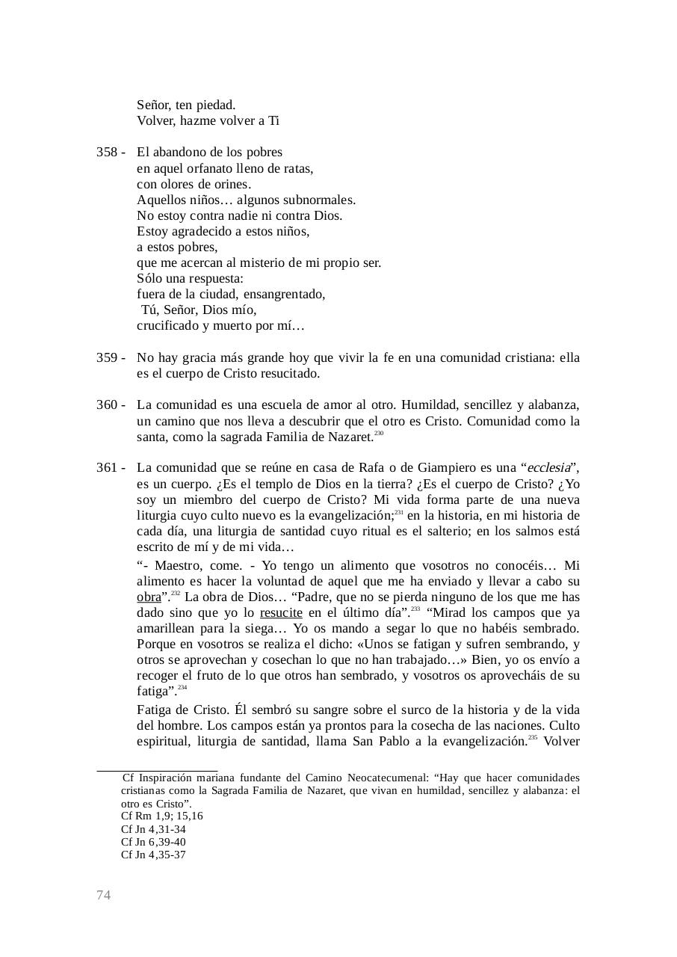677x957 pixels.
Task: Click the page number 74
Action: (x=104, y=895)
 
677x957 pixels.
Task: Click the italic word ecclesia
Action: (x=548, y=468)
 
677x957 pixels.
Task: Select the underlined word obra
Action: (x=149, y=597)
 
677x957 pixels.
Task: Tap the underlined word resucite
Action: (x=281, y=613)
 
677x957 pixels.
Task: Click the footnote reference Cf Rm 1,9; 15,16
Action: (x=161, y=816)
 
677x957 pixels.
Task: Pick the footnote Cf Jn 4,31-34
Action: (x=153, y=829)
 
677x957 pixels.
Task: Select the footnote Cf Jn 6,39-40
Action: (x=153, y=842)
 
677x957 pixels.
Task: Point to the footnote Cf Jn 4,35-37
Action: (x=153, y=855)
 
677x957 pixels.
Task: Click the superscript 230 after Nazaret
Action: (x=379, y=434)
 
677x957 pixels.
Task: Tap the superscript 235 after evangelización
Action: (x=532, y=738)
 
